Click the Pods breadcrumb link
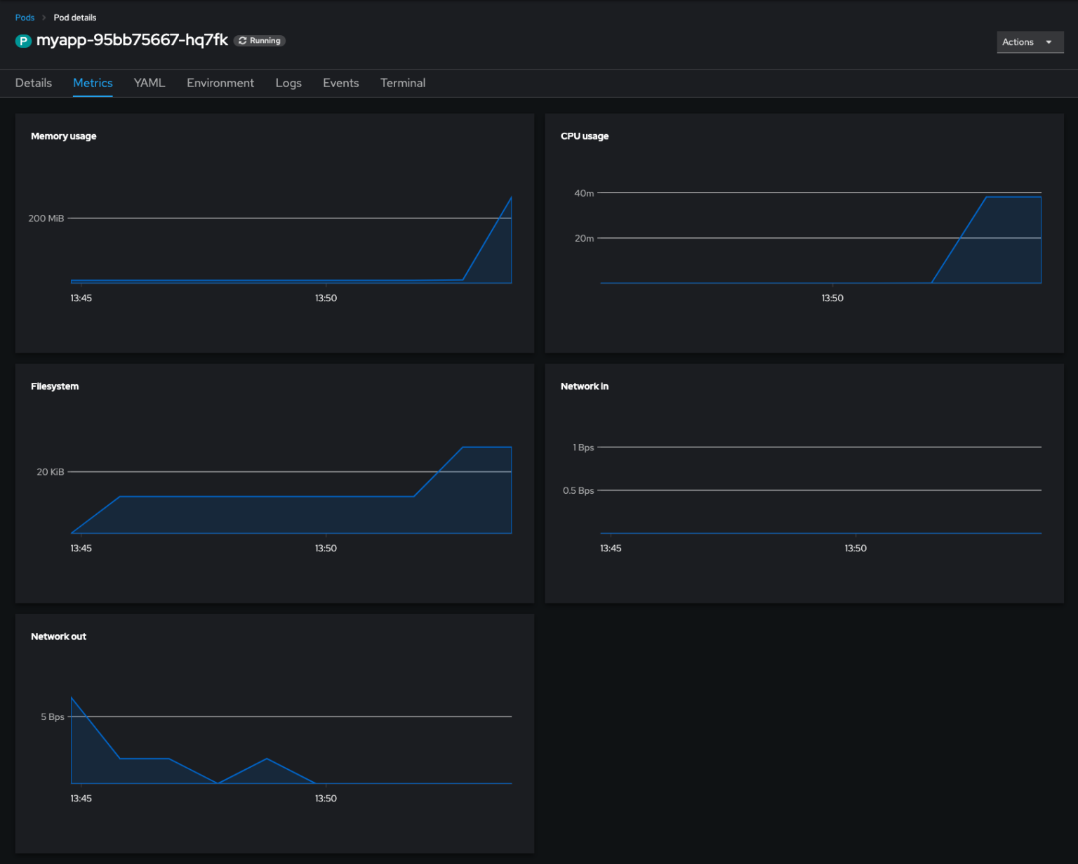pos(25,18)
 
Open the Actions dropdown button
pos(1029,42)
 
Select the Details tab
pos(34,83)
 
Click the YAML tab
pos(149,83)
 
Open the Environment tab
pos(220,83)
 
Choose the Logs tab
pos(288,83)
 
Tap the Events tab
pos(340,83)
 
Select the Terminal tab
pos(403,83)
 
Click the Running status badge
pos(260,41)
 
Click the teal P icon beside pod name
pos(23,41)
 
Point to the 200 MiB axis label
pos(46,218)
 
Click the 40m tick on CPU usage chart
pos(584,193)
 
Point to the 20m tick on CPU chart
pos(584,238)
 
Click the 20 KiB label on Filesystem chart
pos(51,472)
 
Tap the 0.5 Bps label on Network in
pos(578,490)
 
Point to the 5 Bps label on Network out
pos(53,716)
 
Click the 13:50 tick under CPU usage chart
pos(832,298)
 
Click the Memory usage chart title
pos(63,136)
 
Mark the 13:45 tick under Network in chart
pos(611,548)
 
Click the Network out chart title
pos(58,636)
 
